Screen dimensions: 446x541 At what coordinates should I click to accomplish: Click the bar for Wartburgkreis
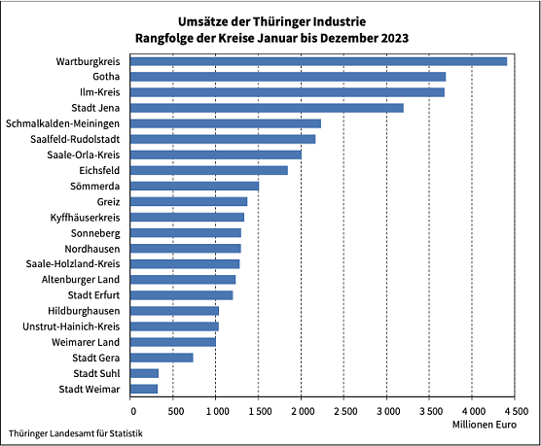coord(318,61)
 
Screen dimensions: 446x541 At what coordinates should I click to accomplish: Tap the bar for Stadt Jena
coord(267,108)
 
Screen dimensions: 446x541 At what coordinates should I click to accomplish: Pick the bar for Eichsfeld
coord(209,170)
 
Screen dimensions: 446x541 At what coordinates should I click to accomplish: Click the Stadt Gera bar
coord(162,358)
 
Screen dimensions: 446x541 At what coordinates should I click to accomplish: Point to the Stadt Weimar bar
coord(144,389)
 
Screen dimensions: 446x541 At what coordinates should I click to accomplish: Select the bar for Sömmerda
coord(195,186)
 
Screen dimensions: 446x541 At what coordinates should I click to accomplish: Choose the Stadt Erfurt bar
coord(182,295)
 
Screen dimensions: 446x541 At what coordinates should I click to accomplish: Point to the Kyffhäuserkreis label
coord(85,218)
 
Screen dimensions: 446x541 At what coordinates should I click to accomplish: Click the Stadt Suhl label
coord(96,373)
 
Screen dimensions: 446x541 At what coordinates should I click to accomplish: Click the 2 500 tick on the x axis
coord(344,411)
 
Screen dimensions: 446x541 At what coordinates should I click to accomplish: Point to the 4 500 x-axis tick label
coord(516,411)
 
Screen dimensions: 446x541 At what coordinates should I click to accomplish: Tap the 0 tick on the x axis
coord(130,411)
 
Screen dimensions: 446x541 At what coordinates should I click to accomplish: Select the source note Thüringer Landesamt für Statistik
coord(75,432)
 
